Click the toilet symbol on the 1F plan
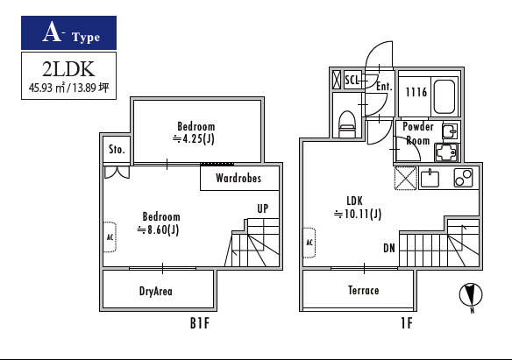tap(347, 124)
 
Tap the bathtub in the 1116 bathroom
tap(444, 96)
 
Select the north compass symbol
tap(471, 296)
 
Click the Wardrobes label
tap(238, 178)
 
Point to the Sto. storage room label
tap(117, 150)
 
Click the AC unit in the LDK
tap(309, 243)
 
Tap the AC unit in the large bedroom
tap(110, 236)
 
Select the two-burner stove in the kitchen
tap(464, 178)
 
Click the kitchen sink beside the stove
tap(430, 179)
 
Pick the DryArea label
tap(156, 291)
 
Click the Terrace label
tap(364, 290)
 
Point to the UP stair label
tap(263, 208)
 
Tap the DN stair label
tap(389, 249)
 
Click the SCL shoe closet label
tap(352, 80)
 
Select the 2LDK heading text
tap(68, 69)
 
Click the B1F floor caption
tap(200, 323)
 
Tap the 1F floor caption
tap(407, 323)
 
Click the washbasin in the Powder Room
tap(451, 131)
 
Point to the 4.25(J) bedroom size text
tap(194, 139)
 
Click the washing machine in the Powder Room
tap(447, 152)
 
